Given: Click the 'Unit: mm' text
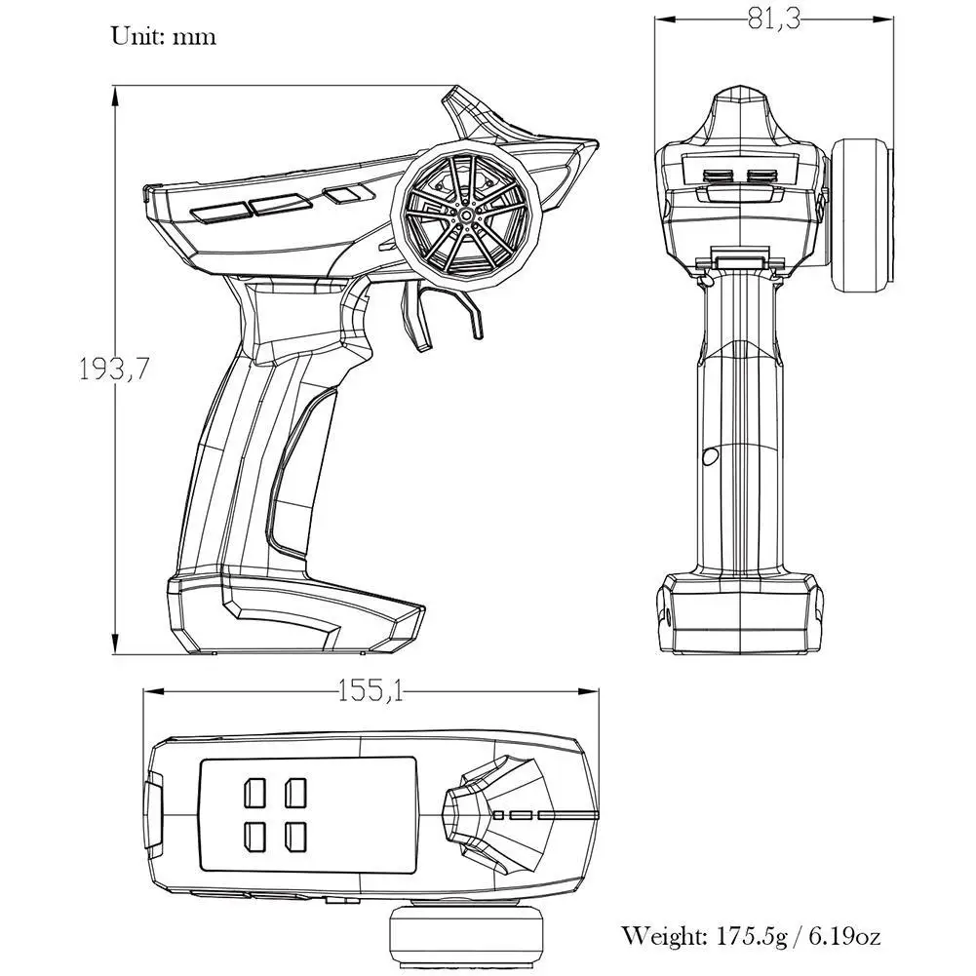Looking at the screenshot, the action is (163, 38).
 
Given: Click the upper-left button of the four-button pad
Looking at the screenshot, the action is (255, 791).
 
